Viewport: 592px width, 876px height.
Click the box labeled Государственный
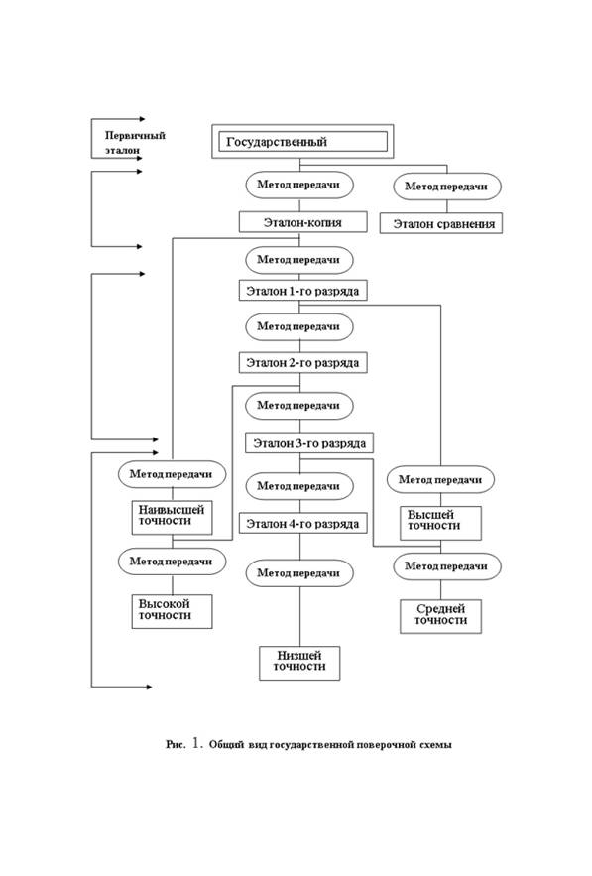coord(302,141)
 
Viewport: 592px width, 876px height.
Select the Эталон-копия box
coord(302,222)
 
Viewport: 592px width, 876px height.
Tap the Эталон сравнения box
coord(441,223)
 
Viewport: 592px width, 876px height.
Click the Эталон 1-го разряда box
coord(302,291)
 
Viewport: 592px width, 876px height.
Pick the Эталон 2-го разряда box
coord(302,362)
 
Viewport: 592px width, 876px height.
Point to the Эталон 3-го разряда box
coord(308,443)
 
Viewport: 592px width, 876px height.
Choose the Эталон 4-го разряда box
coord(302,523)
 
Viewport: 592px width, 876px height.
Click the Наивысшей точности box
coord(172,517)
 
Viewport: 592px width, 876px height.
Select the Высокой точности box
coord(172,611)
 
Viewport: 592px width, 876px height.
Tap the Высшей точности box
coord(440,523)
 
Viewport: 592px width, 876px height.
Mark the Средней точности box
coord(440,616)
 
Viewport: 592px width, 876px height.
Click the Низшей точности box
coord(299,663)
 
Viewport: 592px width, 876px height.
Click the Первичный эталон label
coord(135,143)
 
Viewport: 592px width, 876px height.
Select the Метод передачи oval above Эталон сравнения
coord(446,187)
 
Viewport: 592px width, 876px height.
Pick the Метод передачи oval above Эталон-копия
coord(299,185)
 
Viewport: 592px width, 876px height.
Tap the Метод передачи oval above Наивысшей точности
coord(172,474)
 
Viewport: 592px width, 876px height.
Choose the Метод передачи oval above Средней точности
coord(447,566)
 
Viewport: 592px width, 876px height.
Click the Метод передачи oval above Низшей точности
coord(299,573)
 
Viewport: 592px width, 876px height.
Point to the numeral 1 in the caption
coord(196,743)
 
